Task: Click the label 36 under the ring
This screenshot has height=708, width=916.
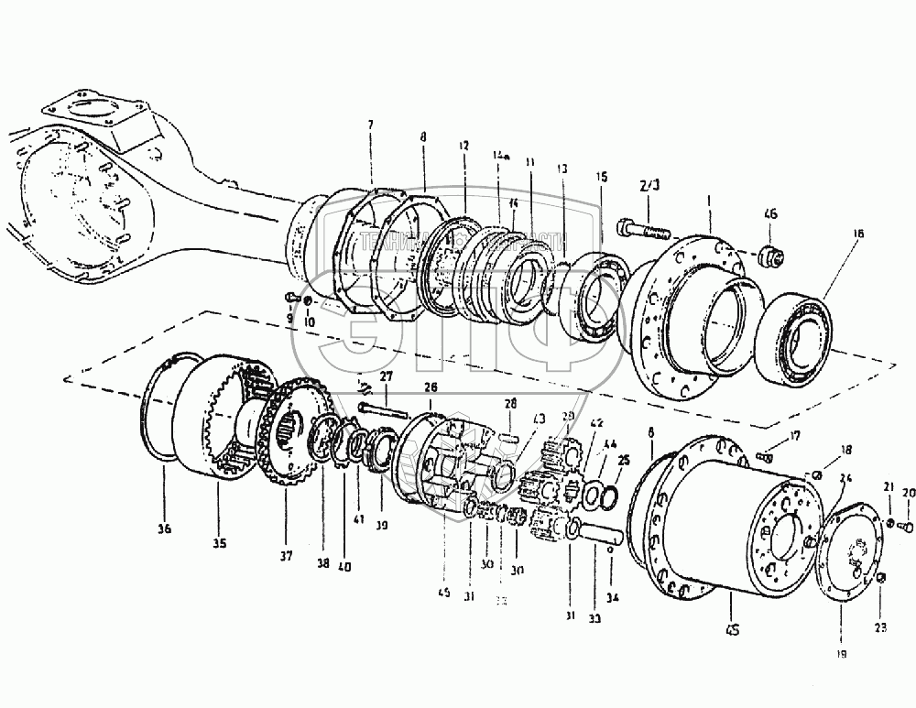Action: pyautogui.click(x=165, y=528)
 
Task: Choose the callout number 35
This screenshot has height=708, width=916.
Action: pyautogui.click(x=220, y=543)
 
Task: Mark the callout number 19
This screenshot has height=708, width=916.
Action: pyautogui.click(x=843, y=653)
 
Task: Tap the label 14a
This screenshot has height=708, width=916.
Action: pyautogui.click(x=500, y=158)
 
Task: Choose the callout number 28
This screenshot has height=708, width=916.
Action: pyautogui.click(x=511, y=403)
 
